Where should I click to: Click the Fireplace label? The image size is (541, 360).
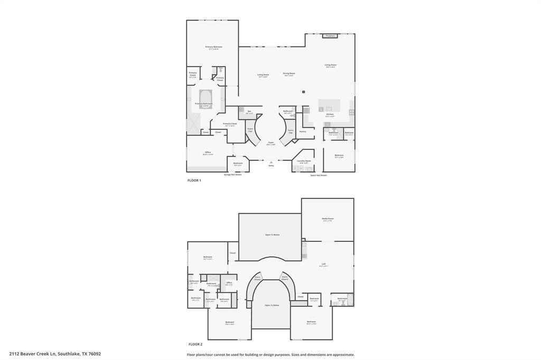click(330, 36)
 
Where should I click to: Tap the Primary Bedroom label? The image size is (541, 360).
click(213, 47)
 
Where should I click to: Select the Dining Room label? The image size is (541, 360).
click(289, 73)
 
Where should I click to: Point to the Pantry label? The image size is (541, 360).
click(303, 131)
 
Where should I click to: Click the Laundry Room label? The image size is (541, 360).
click(304, 161)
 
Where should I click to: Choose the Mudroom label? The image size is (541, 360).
click(238, 163)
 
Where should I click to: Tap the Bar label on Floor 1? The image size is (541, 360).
click(249, 111)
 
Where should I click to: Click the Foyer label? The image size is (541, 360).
click(270, 143)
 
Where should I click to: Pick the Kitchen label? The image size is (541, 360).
click(330, 115)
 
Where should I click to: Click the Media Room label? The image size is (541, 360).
click(328, 219)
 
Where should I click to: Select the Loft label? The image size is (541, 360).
click(323, 264)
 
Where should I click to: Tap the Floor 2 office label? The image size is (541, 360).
click(229, 283)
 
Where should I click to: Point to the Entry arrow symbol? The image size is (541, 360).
click(271, 162)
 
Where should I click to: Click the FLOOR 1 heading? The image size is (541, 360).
click(194, 181)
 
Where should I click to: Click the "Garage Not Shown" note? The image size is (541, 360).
click(232, 175)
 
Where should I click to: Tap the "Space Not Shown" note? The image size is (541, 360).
click(319, 175)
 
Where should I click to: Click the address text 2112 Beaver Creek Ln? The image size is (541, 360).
click(55, 354)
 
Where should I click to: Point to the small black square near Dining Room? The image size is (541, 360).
click(304, 92)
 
